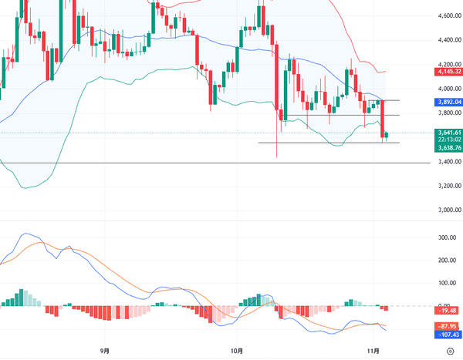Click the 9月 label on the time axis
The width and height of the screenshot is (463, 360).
click(105, 350)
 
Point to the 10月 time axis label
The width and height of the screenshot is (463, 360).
click(238, 350)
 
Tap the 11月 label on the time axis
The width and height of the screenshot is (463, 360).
click(373, 350)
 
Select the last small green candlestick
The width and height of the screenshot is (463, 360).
click(387, 135)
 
